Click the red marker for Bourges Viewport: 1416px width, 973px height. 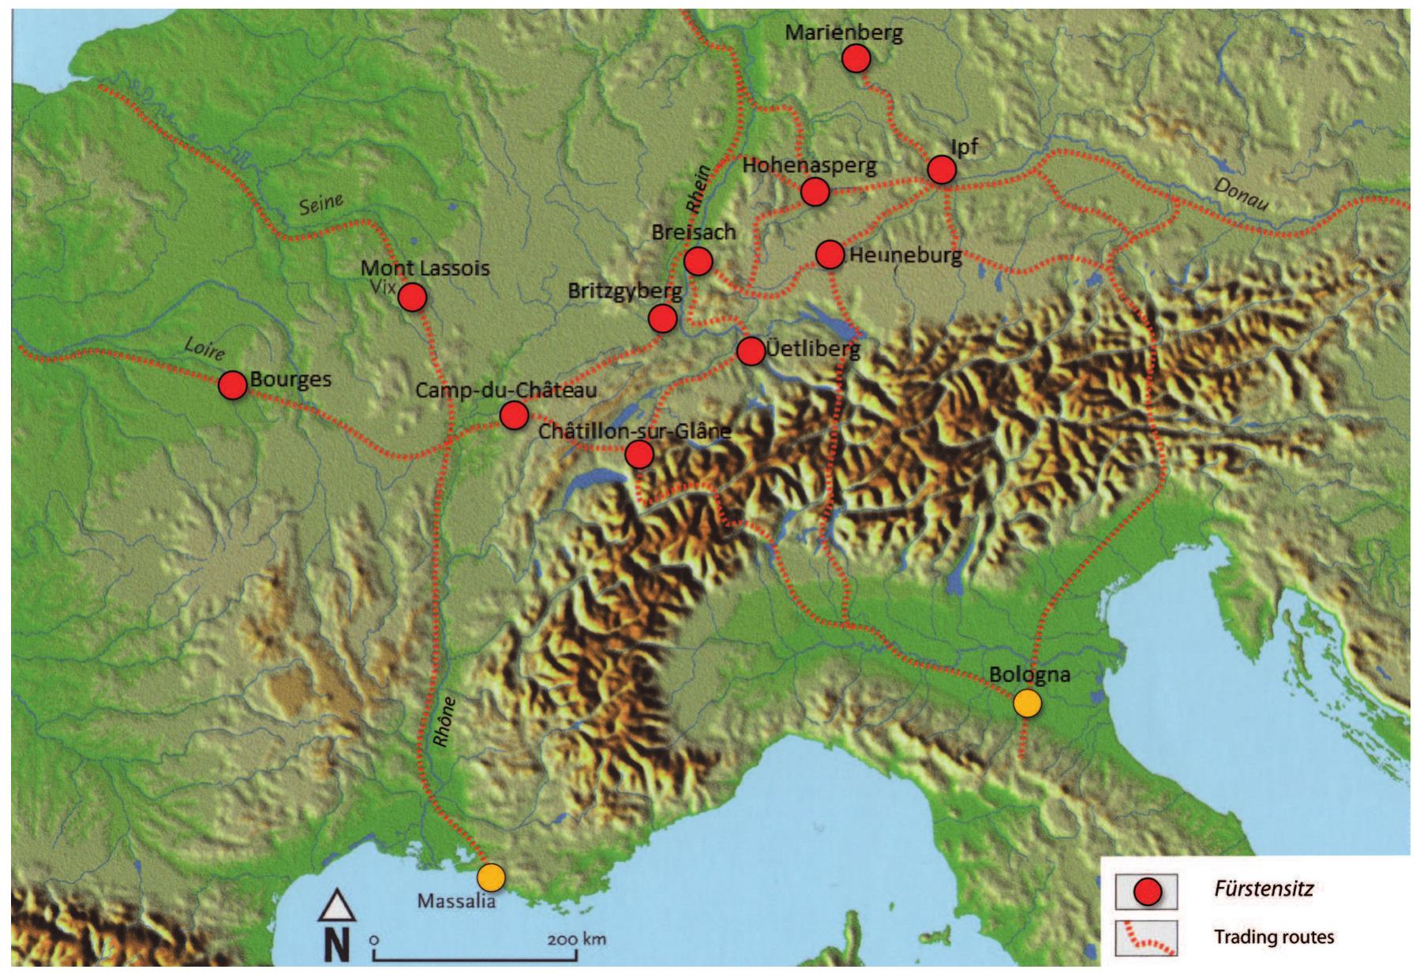[232, 385]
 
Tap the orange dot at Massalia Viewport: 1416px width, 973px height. [490, 877]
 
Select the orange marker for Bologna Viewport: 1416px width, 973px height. [1027, 703]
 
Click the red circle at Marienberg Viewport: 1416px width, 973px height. [856, 58]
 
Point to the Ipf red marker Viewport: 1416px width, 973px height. [942, 170]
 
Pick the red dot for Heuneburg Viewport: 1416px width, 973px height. [830, 255]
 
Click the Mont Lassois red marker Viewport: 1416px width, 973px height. [412, 298]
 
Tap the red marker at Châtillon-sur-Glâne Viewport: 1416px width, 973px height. [639, 455]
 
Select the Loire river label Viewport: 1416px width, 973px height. [204, 347]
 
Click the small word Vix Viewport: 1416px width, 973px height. [382, 288]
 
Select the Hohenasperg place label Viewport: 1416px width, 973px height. [810, 166]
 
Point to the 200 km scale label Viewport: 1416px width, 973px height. [576, 939]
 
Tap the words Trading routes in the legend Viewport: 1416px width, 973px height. [1274, 937]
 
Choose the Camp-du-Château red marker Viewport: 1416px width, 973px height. [513, 414]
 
